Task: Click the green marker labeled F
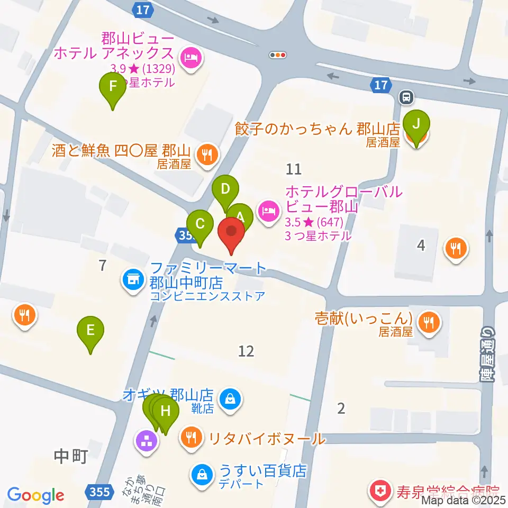[113, 87]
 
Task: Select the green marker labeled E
[90, 332]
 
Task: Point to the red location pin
[231, 233]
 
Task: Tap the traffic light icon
[278, 55]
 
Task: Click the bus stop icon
[407, 97]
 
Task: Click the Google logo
[36, 495]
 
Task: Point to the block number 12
[246, 350]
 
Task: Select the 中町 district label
[70, 456]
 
